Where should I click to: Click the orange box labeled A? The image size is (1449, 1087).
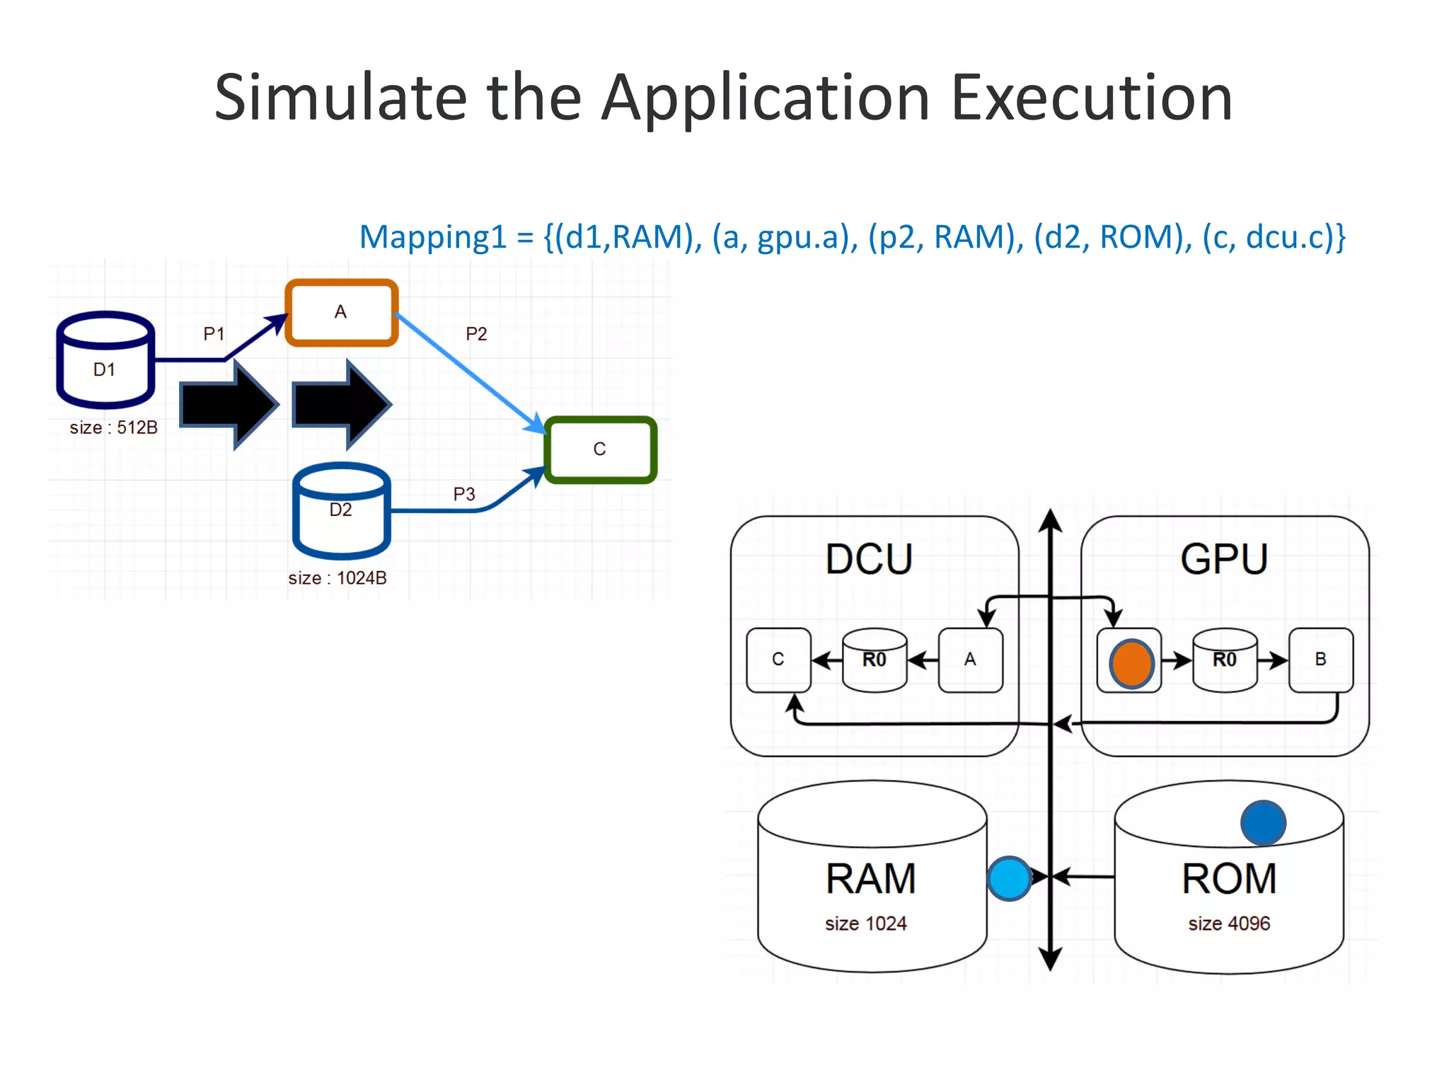pyautogui.click(x=341, y=312)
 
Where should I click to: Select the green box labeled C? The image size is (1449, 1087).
pyautogui.click(x=600, y=449)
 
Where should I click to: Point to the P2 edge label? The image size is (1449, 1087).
pyautogui.click(x=476, y=334)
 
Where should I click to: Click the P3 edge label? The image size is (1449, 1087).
pyautogui.click(x=464, y=494)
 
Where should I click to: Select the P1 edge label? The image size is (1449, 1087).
pyautogui.click(x=214, y=333)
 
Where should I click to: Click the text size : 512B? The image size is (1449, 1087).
pyautogui.click(x=113, y=427)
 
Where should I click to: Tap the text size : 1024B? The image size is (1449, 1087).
pyautogui.click(x=337, y=578)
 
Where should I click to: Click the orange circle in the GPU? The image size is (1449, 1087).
pyautogui.click(x=1131, y=664)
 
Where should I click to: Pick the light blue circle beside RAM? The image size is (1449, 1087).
pyautogui.click(x=1009, y=878)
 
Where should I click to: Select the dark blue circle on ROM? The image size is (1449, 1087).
pyautogui.click(x=1263, y=823)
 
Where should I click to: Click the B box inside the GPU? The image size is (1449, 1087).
pyautogui.click(x=1320, y=660)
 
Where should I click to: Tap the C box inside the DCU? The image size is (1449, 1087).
pyautogui.click(x=778, y=660)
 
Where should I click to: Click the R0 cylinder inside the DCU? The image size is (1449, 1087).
pyautogui.click(x=874, y=660)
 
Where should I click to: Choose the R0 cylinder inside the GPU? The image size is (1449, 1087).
pyautogui.click(x=1225, y=660)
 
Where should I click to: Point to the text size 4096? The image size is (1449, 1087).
pyautogui.click(x=1229, y=924)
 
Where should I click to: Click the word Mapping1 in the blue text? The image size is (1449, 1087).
pyautogui.click(x=433, y=237)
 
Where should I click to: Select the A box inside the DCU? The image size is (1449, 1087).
pyautogui.click(x=970, y=660)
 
